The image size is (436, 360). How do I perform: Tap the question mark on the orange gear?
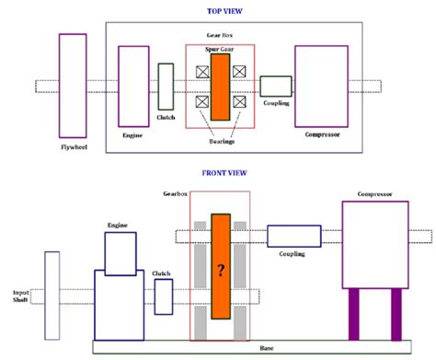click(x=220, y=269)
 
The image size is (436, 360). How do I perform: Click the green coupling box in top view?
click(x=275, y=87)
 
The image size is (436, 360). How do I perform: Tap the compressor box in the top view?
click(x=320, y=86)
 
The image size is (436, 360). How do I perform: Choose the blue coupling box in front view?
click(x=294, y=236)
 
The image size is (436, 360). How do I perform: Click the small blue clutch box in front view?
click(x=164, y=296)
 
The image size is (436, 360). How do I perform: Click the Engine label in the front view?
click(x=117, y=224)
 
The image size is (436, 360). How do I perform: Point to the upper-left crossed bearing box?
click(x=201, y=70)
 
